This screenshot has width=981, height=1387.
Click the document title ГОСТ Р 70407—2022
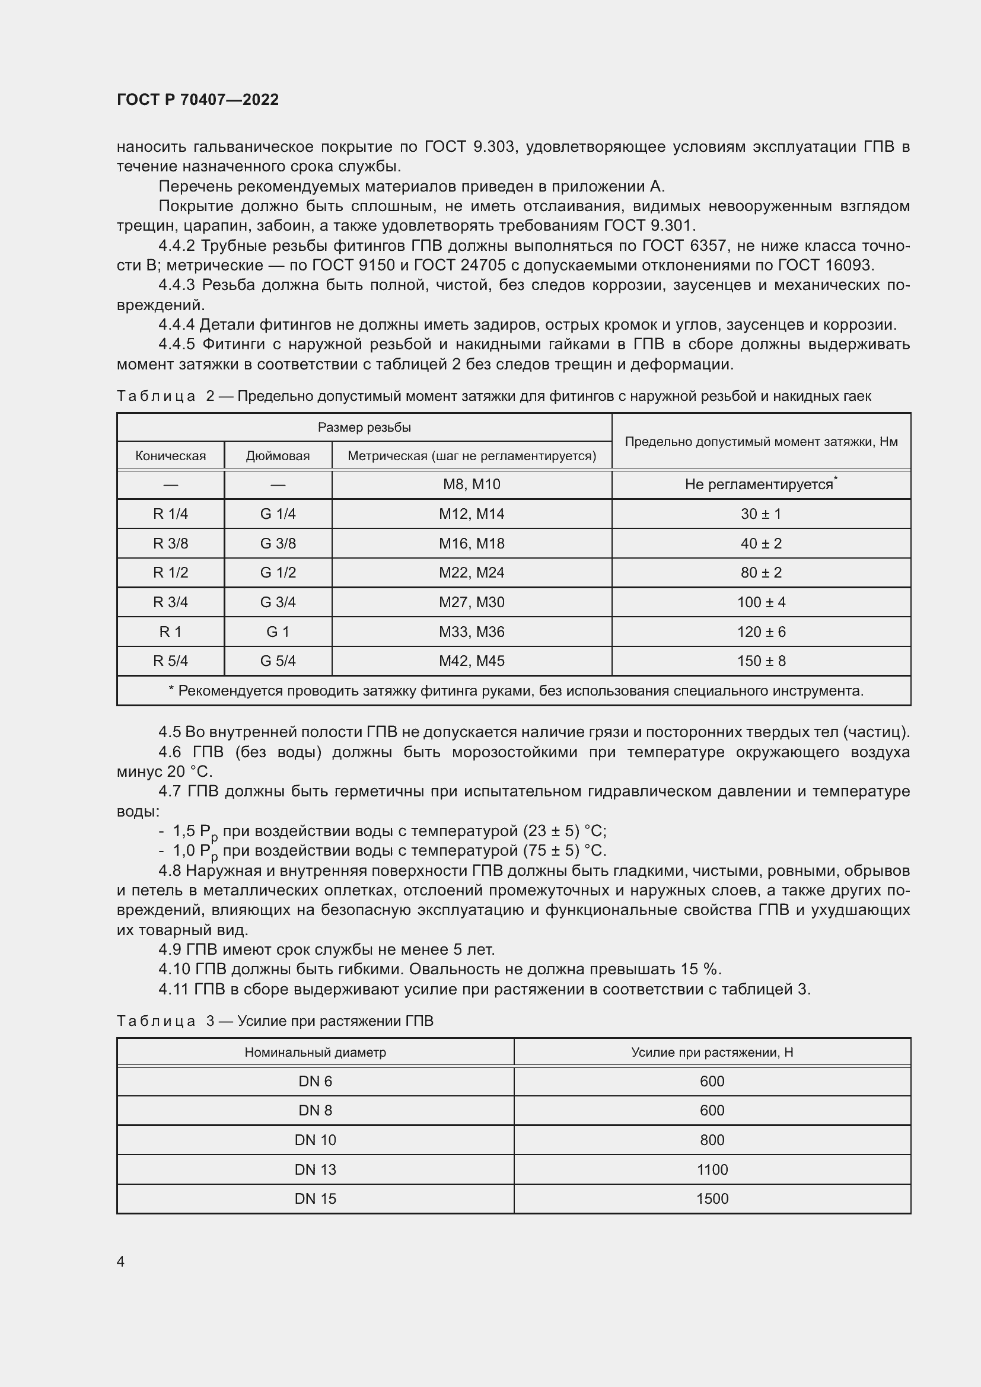(198, 100)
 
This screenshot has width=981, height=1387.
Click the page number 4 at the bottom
(120, 1261)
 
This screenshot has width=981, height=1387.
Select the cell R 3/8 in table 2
(170, 543)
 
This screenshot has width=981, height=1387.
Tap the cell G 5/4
(278, 661)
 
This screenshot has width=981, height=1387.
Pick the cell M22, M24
(471, 572)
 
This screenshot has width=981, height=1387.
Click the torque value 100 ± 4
(760, 602)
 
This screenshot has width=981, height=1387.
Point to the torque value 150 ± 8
(760, 661)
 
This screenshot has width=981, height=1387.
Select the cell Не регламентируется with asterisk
(760, 484)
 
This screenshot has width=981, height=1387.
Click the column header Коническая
(170, 455)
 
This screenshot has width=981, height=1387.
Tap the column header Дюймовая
(278, 455)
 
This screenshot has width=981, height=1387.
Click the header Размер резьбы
(364, 427)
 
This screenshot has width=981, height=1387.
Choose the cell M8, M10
(471, 484)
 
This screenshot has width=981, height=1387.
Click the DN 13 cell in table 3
(315, 1169)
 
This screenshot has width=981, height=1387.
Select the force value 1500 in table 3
(712, 1198)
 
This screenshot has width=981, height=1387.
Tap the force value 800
(712, 1140)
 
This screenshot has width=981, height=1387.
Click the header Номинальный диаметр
(315, 1053)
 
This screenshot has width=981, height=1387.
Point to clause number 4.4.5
(176, 345)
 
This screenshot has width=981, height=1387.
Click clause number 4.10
(174, 970)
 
